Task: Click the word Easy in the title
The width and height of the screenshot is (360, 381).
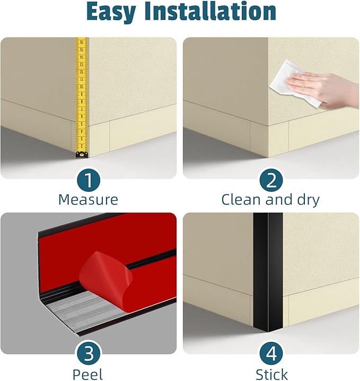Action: point(111,12)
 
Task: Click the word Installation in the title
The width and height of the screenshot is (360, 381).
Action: point(210,11)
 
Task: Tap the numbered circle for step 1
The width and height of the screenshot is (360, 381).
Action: point(89,180)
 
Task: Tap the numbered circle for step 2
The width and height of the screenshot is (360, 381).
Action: point(271,180)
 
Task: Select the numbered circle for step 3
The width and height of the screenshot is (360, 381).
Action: point(89,353)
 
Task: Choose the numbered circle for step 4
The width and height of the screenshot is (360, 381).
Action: point(271,353)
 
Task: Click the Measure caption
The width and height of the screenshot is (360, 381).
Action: point(88,199)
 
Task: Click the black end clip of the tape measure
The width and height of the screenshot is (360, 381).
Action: point(82,154)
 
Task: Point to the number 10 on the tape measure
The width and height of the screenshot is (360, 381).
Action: point(82,87)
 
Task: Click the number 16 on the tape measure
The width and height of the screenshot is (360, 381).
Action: point(82,42)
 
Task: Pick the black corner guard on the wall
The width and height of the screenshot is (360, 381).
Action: point(268,272)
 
